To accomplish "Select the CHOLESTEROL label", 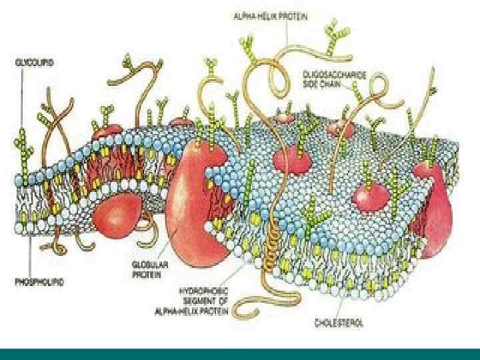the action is point(340,323).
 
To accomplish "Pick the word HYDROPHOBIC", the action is point(202,291).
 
